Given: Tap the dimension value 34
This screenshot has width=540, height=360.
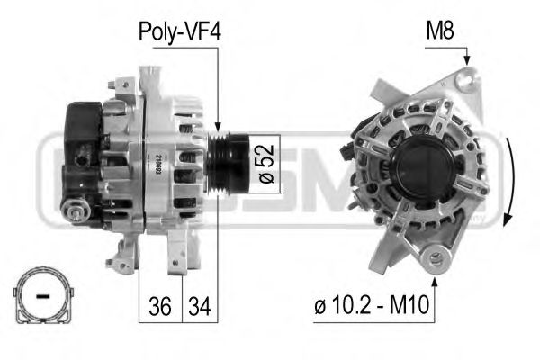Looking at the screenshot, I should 199,307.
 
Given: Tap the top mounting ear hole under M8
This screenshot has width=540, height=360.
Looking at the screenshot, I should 464,82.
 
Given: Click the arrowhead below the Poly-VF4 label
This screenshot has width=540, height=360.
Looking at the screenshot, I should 219,128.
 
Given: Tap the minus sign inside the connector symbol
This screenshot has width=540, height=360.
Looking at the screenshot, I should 40,295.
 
